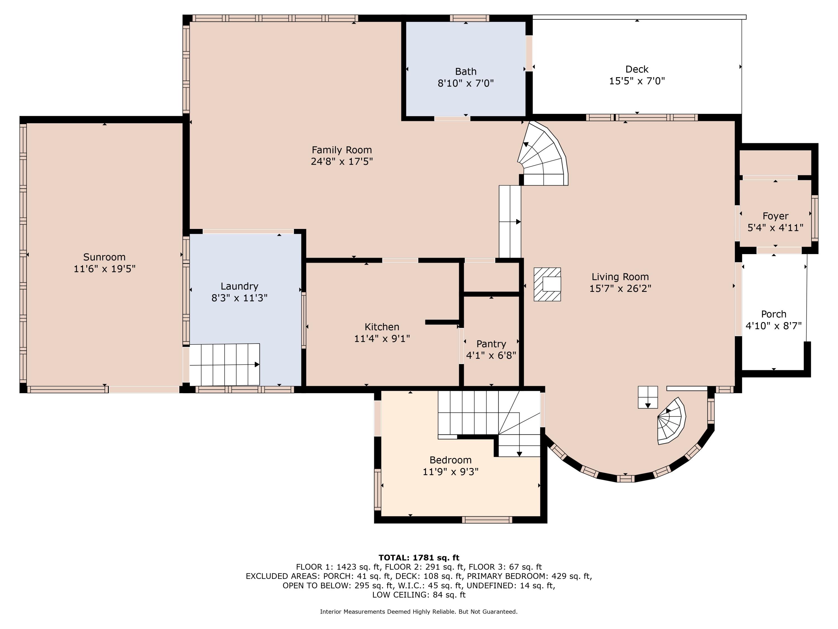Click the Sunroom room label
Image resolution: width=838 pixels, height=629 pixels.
(x=104, y=257)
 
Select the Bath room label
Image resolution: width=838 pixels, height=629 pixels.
(x=466, y=71)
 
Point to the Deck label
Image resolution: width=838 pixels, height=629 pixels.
(x=637, y=69)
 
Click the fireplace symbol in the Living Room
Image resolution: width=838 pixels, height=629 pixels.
(x=547, y=284)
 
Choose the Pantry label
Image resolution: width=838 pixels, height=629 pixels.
(x=491, y=344)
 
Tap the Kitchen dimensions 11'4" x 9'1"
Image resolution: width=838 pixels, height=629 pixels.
(x=382, y=338)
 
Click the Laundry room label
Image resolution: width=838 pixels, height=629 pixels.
(x=239, y=286)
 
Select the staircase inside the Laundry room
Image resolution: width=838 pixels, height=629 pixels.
(x=224, y=364)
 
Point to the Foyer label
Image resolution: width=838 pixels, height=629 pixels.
(x=775, y=216)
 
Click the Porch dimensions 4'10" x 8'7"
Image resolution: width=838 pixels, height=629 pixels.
(x=773, y=326)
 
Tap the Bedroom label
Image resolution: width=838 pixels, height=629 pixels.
(x=451, y=460)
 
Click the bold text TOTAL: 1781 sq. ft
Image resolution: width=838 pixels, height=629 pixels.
(x=419, y=557)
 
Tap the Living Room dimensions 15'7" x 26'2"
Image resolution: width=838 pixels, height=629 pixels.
(x=620, y=289)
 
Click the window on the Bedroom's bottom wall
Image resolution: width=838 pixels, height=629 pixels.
(x=487, y=520)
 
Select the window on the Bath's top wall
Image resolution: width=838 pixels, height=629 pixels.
(x=469, y=18)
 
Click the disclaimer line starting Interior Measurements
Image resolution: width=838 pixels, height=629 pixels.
(x=419, y=612)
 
